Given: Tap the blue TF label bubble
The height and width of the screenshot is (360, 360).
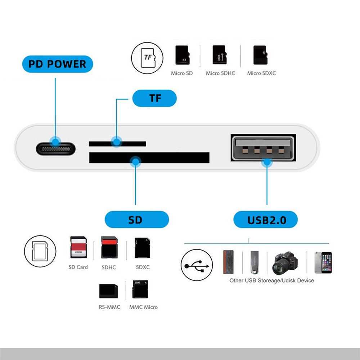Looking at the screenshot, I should coord(155,98).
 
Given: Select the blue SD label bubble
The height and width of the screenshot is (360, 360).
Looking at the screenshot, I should coord(136,220).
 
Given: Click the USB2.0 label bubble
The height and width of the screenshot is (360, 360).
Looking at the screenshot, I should coord(266,220).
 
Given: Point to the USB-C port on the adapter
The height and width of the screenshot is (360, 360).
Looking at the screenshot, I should coord(55,148).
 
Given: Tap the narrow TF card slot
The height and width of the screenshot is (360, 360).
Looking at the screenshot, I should coord(117,144).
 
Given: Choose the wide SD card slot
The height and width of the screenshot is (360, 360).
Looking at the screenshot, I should coord(149,157).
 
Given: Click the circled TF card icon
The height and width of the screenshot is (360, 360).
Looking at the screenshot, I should coord(147,58).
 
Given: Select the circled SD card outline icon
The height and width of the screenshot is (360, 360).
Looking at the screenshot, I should coord(40,251).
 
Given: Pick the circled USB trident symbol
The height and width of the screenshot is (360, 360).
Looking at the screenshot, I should coord(197,266).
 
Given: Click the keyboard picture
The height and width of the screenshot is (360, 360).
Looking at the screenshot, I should coord(228,262).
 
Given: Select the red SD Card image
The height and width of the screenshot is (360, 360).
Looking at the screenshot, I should coord(78,248).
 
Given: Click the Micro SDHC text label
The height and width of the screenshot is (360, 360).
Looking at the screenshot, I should coord(220,73).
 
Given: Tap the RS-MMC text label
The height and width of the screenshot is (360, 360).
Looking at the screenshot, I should coord(109,307).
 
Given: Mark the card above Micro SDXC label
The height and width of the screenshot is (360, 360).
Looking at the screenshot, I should coord(260,55).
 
